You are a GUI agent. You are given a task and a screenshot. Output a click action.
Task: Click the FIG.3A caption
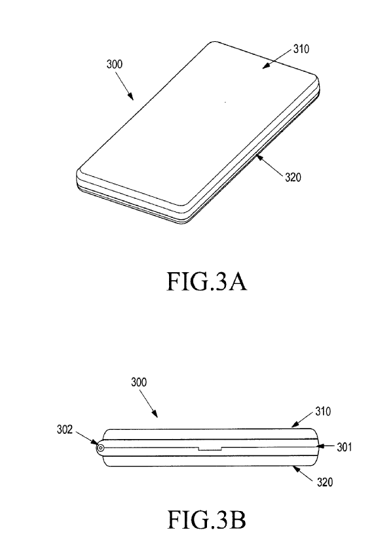tap(207, 281)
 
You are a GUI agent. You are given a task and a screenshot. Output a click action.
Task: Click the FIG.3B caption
tap(207, 520)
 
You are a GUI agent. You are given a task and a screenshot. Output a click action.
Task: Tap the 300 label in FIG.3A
tap(115, 64)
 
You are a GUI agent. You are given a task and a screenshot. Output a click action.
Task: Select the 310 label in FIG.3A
tap(301, 49)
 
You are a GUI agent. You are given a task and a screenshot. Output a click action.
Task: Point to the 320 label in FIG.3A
tap(293, 177)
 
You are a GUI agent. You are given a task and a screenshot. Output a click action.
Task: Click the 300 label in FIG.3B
tap(139, 382)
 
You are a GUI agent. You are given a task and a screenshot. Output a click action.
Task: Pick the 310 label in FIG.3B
tap(323, 412)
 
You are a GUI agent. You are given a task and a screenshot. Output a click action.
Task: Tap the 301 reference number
tap(344, 447)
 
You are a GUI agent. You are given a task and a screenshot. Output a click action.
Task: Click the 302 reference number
tap(65, 429)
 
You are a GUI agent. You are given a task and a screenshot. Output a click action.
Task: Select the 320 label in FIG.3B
tap(325, 482)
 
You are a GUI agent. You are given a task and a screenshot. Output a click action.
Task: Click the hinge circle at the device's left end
tap(100, 448)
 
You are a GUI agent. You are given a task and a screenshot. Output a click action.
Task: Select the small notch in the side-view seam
tap(210, 448)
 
